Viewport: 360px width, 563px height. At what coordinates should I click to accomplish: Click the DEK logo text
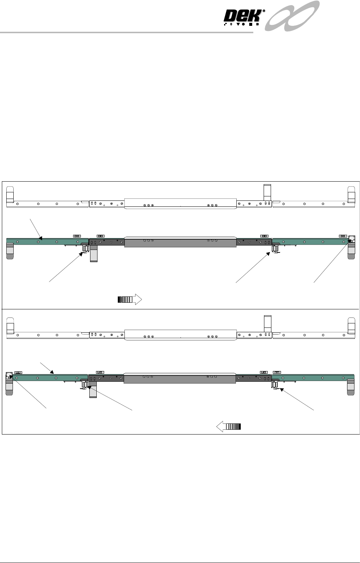243,17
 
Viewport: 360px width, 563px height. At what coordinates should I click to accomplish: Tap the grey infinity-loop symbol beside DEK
292,16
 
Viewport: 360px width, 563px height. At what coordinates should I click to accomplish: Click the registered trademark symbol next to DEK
264,11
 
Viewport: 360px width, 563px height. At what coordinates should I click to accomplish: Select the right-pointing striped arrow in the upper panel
130,299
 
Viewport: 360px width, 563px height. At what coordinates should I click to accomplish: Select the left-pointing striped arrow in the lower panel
229,426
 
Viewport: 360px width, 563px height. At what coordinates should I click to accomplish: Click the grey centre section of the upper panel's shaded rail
180,242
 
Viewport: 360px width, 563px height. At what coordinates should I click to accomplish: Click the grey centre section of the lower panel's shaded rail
180,378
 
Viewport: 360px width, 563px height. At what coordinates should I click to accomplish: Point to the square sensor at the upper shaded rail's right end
352,239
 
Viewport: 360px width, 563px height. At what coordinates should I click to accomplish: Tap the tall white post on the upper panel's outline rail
267,192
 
